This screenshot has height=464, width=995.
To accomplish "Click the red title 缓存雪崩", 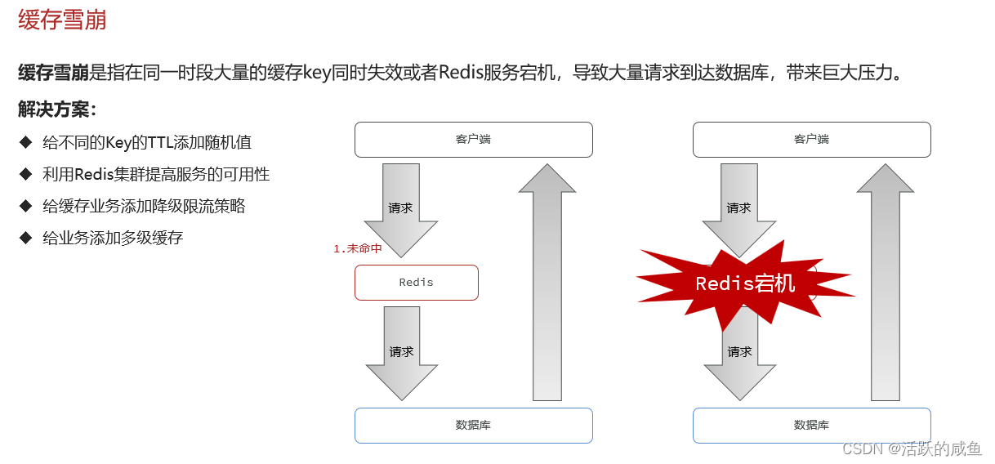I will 62,20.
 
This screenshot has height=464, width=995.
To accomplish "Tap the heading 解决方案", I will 57,109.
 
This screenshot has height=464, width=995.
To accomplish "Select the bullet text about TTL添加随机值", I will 147,142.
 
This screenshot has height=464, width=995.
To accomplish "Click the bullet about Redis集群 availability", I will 156,174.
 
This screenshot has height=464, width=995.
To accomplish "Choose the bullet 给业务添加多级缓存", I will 113,238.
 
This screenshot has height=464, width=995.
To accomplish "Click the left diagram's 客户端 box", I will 473,140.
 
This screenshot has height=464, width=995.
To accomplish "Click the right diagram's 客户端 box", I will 811,140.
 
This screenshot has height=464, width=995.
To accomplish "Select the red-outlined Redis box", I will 416,283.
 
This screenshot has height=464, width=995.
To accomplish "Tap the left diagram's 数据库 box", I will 473,426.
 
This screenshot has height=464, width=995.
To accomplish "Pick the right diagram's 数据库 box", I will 811,426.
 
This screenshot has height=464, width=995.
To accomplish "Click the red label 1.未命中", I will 357,248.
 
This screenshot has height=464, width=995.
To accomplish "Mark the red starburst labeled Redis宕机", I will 744,283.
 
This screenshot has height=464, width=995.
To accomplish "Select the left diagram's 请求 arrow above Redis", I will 401,209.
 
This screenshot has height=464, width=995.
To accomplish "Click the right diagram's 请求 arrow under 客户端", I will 739,207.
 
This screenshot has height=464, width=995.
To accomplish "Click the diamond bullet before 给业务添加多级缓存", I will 25,238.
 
